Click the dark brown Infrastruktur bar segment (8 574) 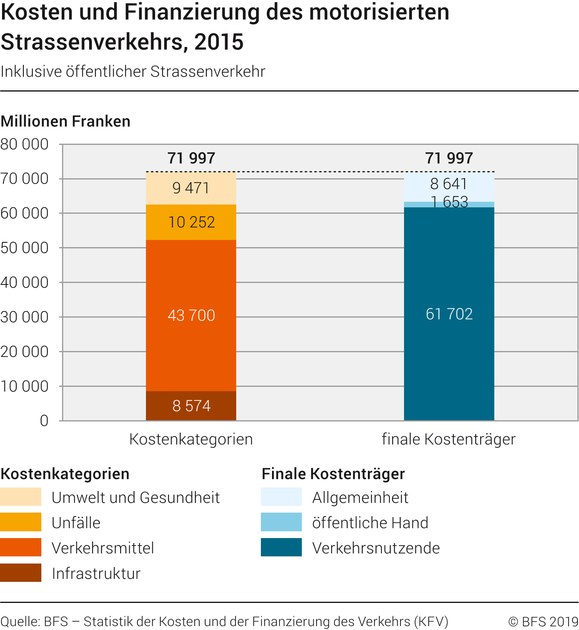coord(191,406)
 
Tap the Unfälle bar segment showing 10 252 coord(191,222)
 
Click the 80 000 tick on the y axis coord(25,144)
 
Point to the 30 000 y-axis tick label coord(25,317)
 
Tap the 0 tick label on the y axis coord(44,421)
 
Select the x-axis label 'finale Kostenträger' coord(449,439)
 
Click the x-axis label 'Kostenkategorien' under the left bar coord(191,439)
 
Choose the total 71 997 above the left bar coord(191,158)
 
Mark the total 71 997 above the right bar coord(449,158)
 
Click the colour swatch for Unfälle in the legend coord(21,522)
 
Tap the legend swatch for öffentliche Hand coord(281,522)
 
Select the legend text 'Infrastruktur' coord(96,573)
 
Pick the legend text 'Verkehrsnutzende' coord(376,548)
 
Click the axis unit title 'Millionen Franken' coord(66,121)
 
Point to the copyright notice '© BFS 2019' coord(543,621)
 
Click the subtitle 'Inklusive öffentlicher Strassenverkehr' coord(133,72)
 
